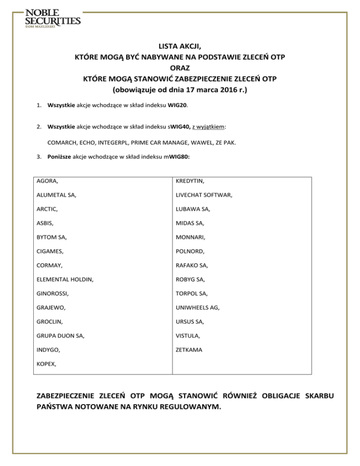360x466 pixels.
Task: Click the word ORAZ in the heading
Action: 180,68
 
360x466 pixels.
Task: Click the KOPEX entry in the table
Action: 47,363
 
